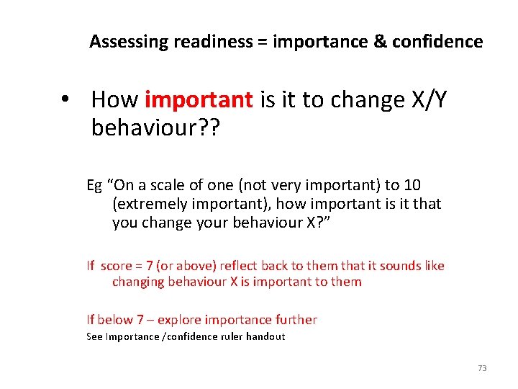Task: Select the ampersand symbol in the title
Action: (x=381, y=42)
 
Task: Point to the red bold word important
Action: (x=199, y=100)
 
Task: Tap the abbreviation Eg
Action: (x=94, y=185)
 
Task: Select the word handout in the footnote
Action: (x=265, y=336)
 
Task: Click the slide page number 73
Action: (x=482, y=368)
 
